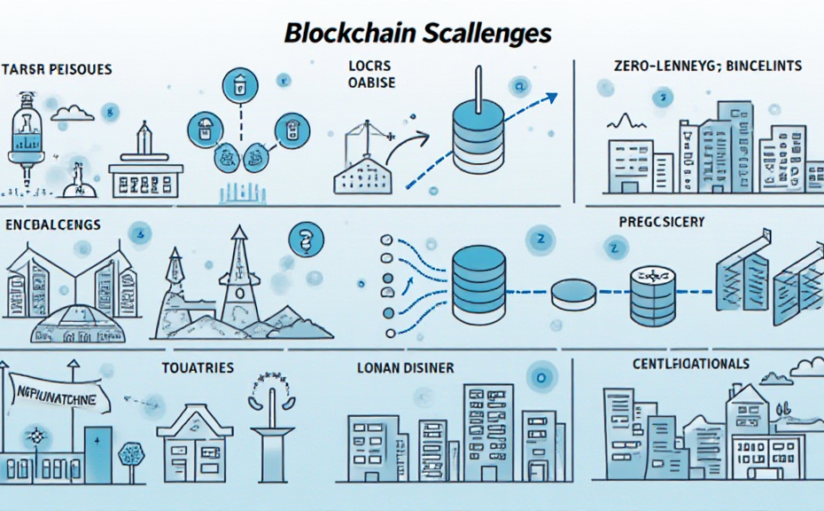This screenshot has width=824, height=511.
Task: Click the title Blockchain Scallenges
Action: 419,33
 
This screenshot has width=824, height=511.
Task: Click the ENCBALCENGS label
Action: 54,225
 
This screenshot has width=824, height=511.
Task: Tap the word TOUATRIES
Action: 198,367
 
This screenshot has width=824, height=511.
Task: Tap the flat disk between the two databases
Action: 573,294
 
